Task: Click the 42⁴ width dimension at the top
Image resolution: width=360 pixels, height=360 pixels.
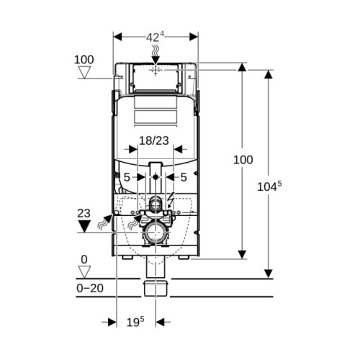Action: pyautogui.click(x=155, y=37)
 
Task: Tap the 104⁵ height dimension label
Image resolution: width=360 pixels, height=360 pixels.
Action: pyautogui.click(x=269, y=186)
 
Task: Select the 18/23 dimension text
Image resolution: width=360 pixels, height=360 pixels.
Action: pyautogui.click(x=154, y=140)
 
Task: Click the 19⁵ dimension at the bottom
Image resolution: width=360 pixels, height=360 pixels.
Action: pyautogui.click(x=135, y=322)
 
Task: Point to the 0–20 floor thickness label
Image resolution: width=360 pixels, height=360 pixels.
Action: pyautogui.click(x=90, y=288)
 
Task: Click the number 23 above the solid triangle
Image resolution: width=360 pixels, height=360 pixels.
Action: pyautogui.click(x=84, y=213)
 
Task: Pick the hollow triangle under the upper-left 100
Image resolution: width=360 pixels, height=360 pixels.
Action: pyautogui.click(x=84, y=72)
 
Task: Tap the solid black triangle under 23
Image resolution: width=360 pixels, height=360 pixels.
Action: pyautogui.click(x=84, y=226)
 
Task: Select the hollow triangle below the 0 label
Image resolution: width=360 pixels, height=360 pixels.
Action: pyautogui.click(x=84, y=272)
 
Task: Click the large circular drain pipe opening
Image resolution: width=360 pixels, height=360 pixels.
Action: pyautogui.click(x=156, y=233)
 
